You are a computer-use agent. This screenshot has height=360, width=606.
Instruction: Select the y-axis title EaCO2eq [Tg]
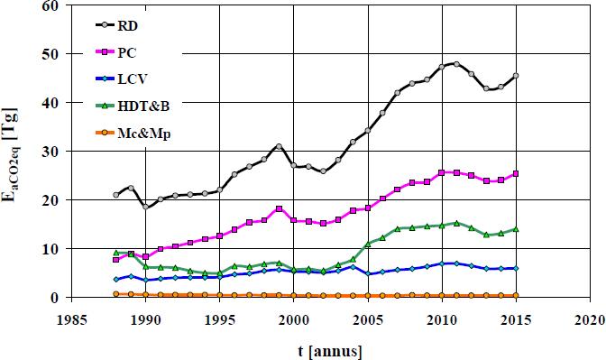[12, 152]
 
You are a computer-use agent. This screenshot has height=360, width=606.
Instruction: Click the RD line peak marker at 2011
[457, 64]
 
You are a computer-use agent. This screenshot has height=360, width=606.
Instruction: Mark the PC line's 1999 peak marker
[280, 208]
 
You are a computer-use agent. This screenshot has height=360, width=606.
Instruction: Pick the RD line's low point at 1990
[145, 207]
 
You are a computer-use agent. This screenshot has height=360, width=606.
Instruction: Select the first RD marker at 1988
[115, 195]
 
